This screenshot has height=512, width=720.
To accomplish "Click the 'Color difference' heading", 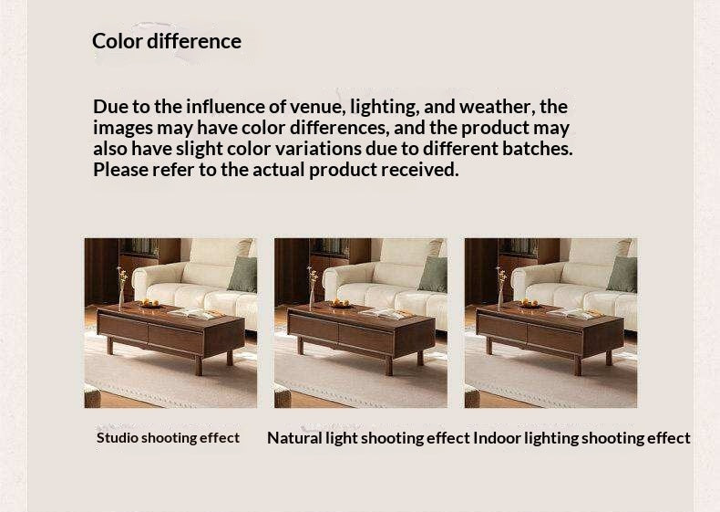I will pos(167,41).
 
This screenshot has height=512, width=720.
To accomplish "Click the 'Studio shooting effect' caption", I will pos(169,437).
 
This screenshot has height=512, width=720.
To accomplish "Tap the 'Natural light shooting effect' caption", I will pos(368,438).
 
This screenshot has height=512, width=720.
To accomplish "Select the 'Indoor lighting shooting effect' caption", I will pos(581,438).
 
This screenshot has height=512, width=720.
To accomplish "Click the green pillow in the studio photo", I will pos(243,274).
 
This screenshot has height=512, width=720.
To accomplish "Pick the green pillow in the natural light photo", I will pos(434,274).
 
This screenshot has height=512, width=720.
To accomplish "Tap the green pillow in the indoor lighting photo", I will pos(623,274).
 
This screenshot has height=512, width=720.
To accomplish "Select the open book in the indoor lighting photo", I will pos(577,312).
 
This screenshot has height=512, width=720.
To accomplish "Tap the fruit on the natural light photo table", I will pos(340,303).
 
